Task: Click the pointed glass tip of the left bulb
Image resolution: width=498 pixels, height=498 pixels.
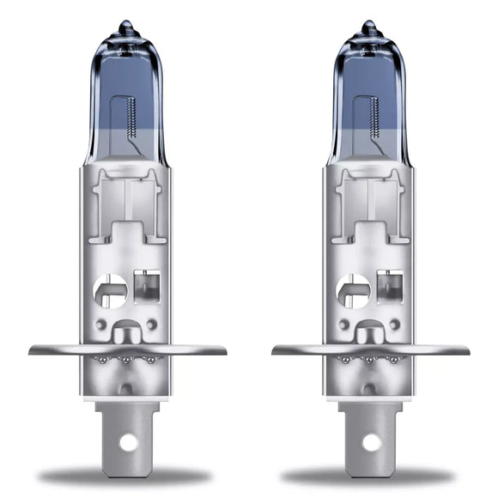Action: point(126,26)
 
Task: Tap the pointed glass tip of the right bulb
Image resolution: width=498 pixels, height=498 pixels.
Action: point(370,26)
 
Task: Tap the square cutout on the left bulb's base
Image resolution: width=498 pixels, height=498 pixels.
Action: point(148,287)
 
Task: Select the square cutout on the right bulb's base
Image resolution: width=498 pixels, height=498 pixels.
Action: point(392,287)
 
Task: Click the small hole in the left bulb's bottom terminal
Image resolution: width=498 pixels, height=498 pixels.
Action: point(127,443)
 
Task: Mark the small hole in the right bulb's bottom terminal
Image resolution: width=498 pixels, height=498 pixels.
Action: point(371,443)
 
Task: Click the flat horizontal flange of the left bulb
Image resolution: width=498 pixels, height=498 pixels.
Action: point(52,349)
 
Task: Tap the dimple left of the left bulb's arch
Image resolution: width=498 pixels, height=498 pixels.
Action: point(103,325)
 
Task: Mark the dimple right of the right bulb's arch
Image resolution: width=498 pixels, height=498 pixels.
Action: point(395,325)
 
